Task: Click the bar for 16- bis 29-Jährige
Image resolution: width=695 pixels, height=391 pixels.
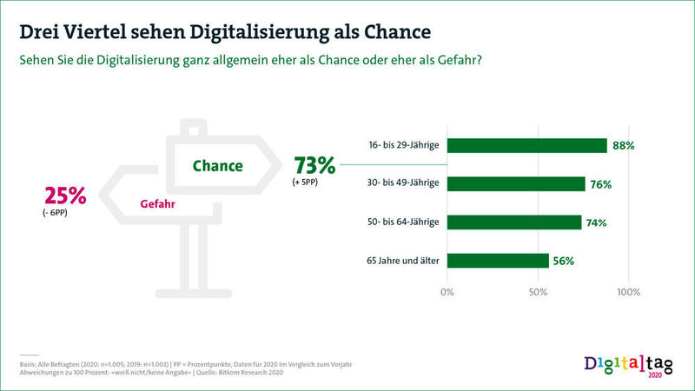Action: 526,145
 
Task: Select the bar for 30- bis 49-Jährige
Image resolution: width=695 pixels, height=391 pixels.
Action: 516,183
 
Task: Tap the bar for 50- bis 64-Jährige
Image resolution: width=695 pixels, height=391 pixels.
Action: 514,222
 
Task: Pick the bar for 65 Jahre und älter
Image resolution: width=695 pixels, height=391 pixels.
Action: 498,260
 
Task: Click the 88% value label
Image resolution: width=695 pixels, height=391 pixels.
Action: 623,146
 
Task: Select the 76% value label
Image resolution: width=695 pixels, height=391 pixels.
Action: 601,184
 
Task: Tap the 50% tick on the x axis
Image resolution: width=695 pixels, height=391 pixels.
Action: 538,291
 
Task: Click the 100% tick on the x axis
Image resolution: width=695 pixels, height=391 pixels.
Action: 628,291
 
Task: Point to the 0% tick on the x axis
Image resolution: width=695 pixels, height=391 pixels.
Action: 447,291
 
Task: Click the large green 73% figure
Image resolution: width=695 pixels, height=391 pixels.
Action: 315,164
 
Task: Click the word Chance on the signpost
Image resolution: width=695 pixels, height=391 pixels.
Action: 217,165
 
